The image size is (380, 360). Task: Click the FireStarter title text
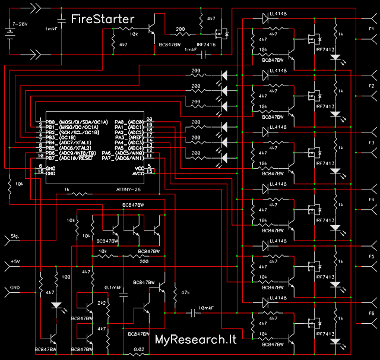(102, 19)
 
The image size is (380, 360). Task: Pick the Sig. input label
(15, 236)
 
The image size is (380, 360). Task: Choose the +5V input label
(15, 262)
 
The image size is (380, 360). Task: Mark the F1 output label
(370, 29)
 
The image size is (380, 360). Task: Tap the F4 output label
(370, 200)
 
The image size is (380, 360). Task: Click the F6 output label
(370, 313)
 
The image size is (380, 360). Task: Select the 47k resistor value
(185, 293)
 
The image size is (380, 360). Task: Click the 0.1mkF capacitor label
(113, 288)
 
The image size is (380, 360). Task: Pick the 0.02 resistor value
(138, 350)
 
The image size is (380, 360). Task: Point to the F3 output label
(370, 143)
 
